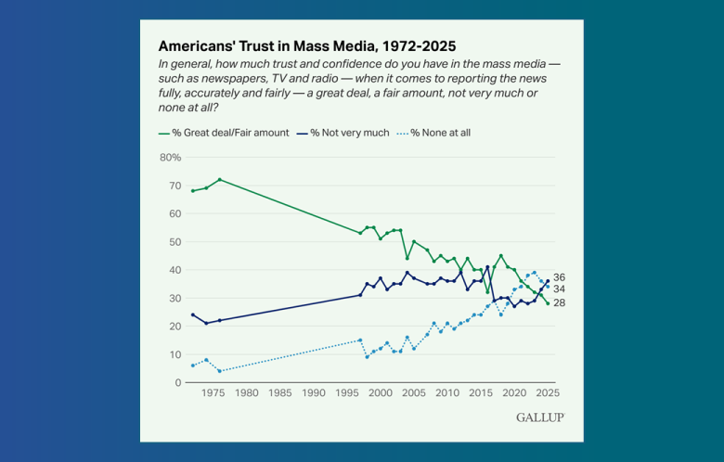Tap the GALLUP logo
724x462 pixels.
point(539,417)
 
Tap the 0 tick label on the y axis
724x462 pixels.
point(176,382)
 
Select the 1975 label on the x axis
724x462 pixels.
point(213,393)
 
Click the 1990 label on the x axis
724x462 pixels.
point(314,393)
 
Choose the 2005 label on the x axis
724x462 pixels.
point(413,393)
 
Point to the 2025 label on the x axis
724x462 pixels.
point(548,393)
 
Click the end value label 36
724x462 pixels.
point(559,277)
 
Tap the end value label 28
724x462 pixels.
point(559,303)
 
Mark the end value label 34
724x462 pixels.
point(559,289)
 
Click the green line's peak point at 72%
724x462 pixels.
point(219,179)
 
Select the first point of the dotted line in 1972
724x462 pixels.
point(192,366)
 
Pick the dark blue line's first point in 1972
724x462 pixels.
point(192,314)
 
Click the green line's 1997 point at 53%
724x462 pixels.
point(360,233)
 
